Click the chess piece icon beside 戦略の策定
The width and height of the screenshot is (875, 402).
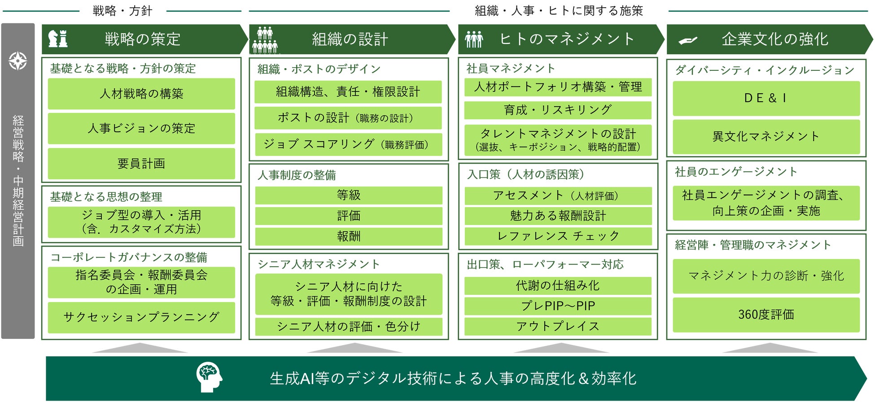click(58, 39)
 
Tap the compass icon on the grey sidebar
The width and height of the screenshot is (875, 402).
click(18, 61)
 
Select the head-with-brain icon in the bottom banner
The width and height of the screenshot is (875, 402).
click(209, 377)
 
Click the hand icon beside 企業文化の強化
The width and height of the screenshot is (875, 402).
click(688, 40)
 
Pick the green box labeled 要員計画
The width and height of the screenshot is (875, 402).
click(141, 164)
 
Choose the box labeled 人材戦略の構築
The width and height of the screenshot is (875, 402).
click(141, 94)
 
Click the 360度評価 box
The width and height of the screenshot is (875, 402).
click(766, 315)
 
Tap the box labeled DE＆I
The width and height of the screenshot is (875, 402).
click(766, 98)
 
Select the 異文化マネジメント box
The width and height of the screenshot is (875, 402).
click(766, 136)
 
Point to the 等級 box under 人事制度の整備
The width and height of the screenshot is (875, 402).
click(349, 195)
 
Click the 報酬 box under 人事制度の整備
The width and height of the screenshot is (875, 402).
click(349, 236)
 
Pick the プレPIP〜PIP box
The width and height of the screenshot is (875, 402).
click(558, 306)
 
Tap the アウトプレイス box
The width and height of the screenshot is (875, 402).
click(558, 326)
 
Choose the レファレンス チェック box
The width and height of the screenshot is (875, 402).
click(558, 236)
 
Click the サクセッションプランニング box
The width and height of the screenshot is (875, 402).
click(141, 317)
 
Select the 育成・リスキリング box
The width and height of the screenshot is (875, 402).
click(558, 110)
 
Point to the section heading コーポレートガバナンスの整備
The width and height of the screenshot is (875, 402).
click(129, 257)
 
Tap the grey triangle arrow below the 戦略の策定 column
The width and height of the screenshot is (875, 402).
click(140, 348)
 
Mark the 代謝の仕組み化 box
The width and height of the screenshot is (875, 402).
click(558, 285)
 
